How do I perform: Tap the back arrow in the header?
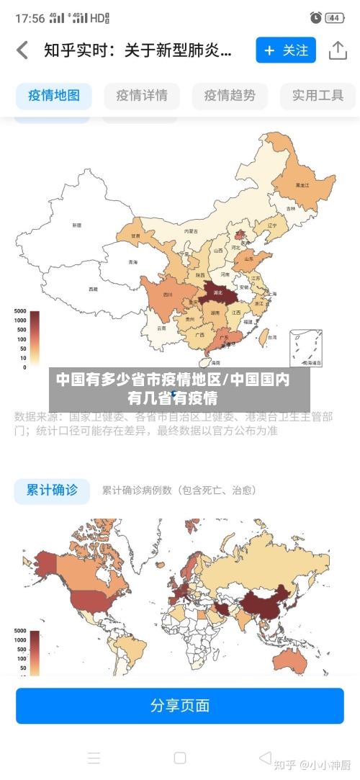22,50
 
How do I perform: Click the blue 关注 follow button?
286,50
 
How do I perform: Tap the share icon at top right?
338,50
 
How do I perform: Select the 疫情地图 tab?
54,95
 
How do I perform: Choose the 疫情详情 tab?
142,95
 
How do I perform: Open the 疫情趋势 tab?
230,95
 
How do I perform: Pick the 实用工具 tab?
318,95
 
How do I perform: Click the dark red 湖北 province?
215,292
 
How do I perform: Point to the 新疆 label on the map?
76,225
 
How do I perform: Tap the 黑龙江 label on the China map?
302,185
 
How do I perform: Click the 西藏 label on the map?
93,289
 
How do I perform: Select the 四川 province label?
168,295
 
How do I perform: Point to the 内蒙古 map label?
191,231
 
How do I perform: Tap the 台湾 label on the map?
271,336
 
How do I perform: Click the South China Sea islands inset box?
306,349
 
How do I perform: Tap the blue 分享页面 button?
180,705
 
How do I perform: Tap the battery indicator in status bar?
335,17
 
